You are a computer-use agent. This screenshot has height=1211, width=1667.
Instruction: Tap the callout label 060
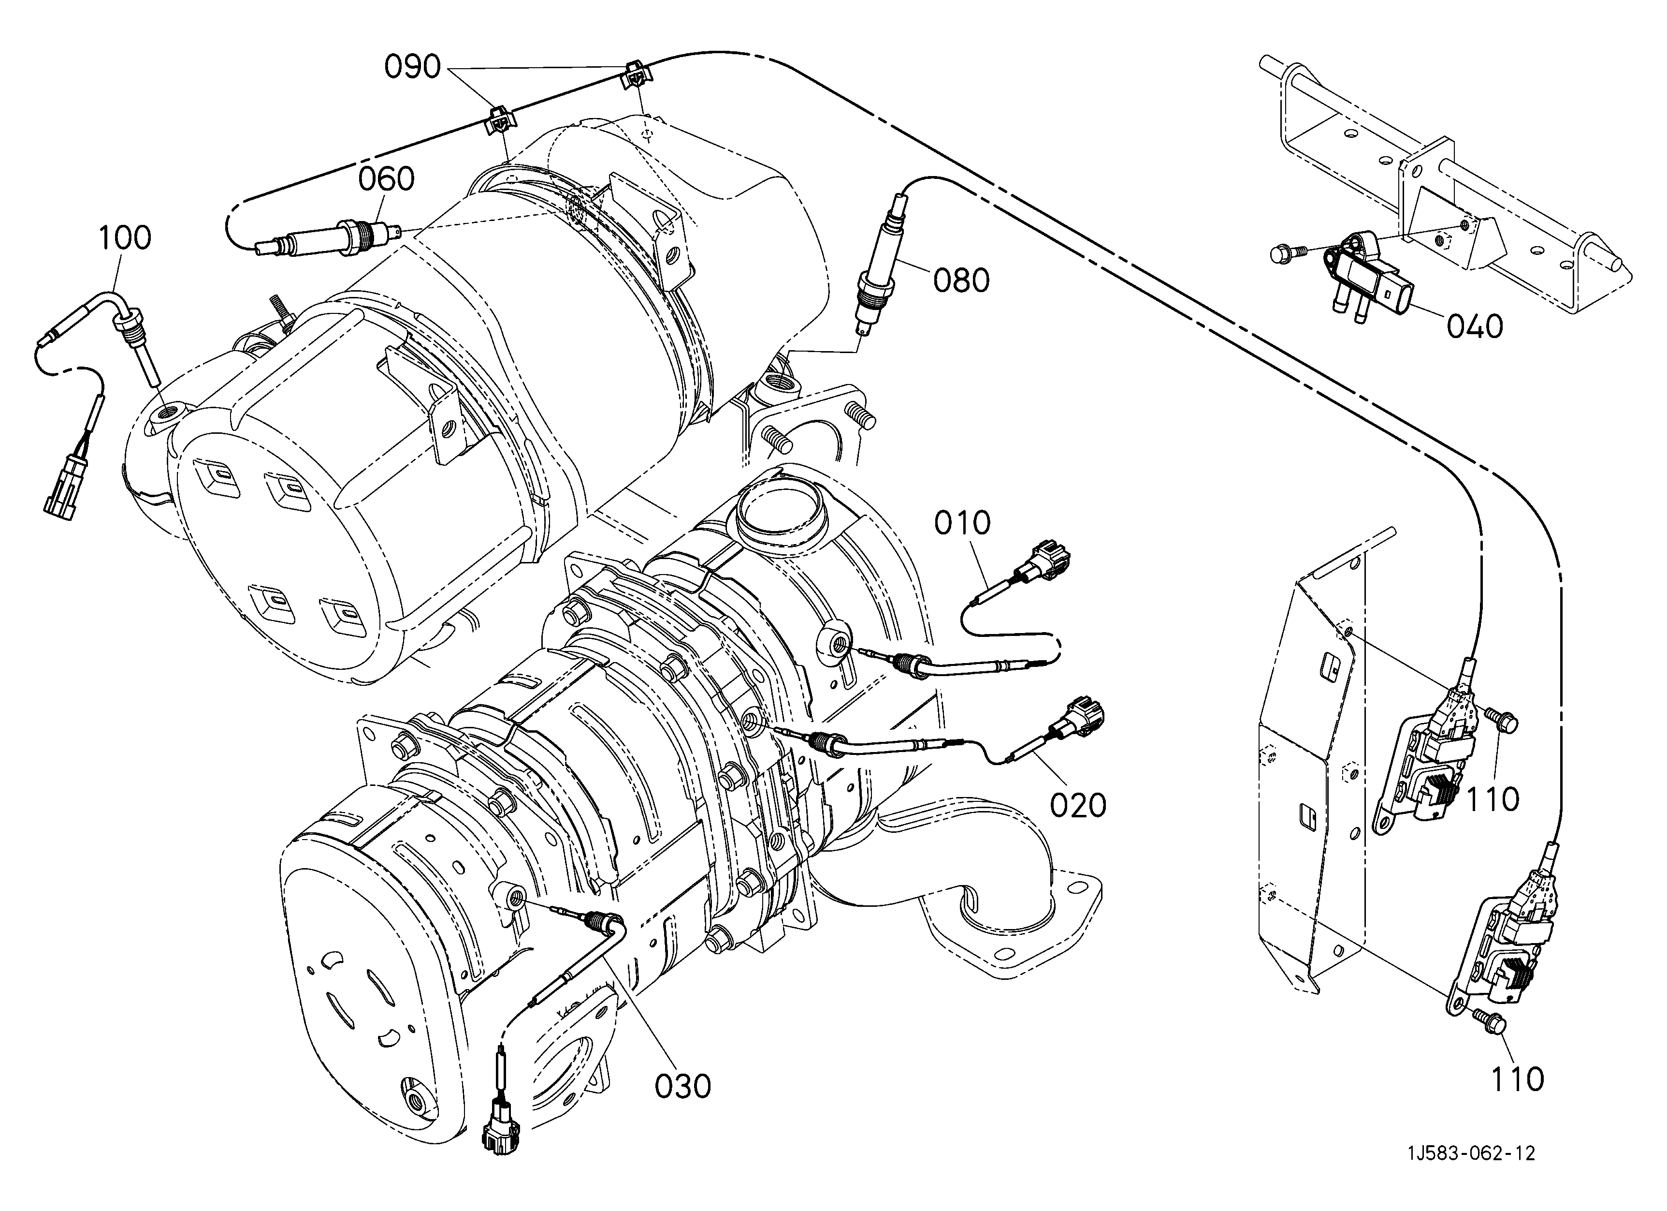pos(387,178)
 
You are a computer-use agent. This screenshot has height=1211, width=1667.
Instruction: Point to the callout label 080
pos(962,280)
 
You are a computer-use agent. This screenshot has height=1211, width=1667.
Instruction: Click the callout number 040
pos(1475,326)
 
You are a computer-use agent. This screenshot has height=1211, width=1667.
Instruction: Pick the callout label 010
pos(963,523)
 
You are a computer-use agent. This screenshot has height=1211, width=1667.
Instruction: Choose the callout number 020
pos(1078,806)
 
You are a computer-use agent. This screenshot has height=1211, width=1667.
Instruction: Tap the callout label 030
pos(683,1087)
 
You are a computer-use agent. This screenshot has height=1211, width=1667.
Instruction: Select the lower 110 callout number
pos(1517,1080)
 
